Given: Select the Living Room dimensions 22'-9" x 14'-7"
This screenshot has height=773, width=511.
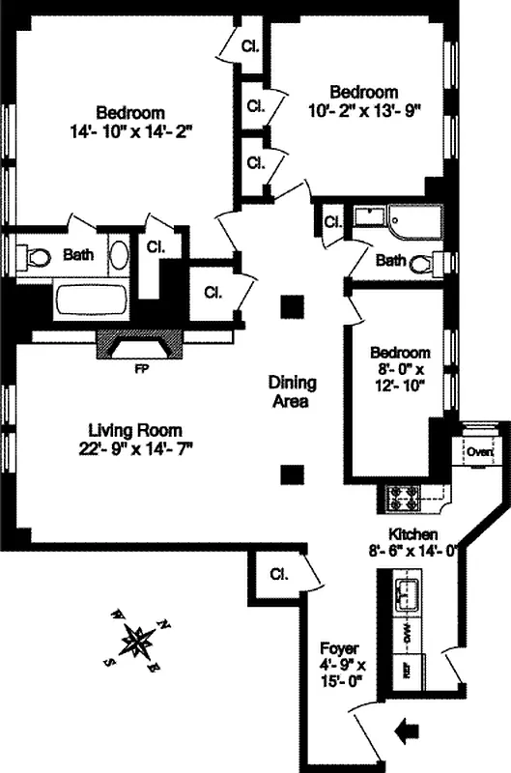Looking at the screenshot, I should click(x=135, y=447).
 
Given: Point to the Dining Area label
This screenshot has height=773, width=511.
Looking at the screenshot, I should click(x=289, y=392).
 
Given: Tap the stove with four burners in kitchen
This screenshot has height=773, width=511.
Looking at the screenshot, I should click(x=403, y=498).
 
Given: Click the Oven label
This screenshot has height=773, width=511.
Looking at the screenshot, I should click(x=479, y=451).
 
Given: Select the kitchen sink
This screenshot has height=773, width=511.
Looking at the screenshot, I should click(x=406, y=593).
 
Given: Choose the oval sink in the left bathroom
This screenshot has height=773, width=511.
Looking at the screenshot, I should click(x=118, y=256).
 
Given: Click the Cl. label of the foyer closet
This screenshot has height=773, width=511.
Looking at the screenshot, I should click(x=279, y=576).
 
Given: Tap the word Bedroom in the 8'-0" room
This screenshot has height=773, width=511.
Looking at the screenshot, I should click(x=397, y=353).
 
